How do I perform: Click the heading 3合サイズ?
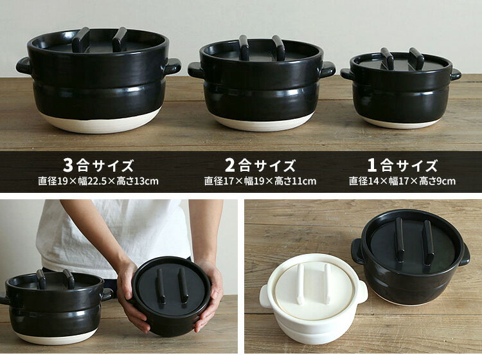(x=98, y=165)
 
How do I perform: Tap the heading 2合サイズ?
(x=260, y=165)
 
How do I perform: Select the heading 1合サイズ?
(x=402, y=165)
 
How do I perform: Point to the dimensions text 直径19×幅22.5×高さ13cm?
(x=98, y=181)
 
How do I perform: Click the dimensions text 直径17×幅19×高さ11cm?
(x=260, y=181)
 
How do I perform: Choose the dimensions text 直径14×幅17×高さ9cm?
(x=402, y=181)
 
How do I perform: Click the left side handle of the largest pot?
(x=24, y=66)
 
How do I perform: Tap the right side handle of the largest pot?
(x=172, y=66)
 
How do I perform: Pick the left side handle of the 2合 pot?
(x=196, y=70)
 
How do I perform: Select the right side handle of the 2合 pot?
(x=328, y=69)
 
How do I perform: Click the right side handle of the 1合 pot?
(x=456, y=75)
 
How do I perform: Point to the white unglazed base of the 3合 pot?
(x=99, y=122)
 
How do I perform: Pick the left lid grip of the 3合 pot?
(x=80, y=39)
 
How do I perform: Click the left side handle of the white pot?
(x=265, y=296)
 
